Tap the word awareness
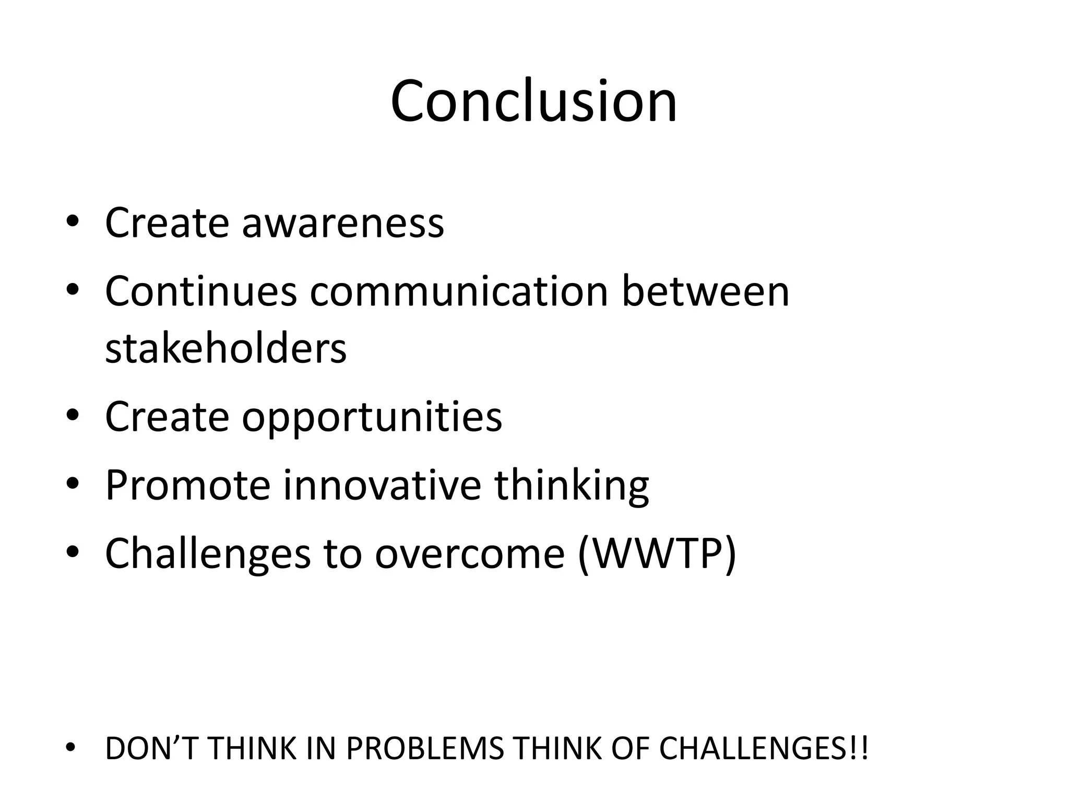(342, 223)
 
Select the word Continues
(200, 291)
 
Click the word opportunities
(371, 418)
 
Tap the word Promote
(187, 485)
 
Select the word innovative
(382, 485)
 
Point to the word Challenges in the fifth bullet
(207, 553)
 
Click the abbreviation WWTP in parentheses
(658, 553)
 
